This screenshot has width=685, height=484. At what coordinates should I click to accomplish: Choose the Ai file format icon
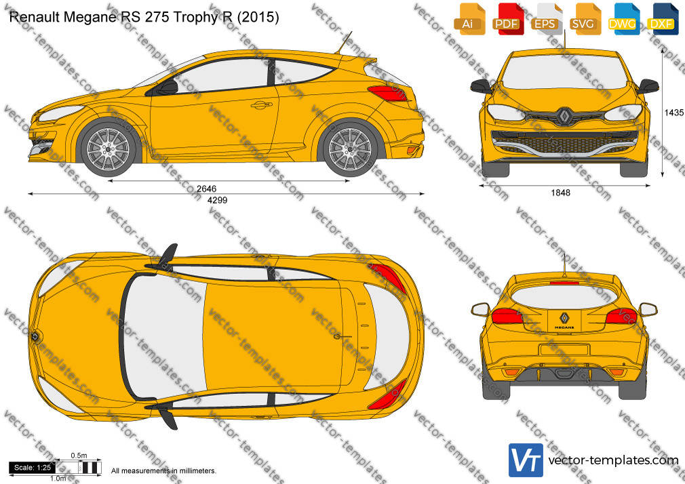pos(468,19)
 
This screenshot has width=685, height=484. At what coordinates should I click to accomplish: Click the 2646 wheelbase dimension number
pos(206,188)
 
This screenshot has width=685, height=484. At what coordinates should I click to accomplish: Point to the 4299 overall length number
pos(217,200)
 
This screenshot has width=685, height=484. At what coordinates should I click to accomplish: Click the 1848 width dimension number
pos(560,193)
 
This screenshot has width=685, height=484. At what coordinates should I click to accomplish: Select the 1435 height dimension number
pos(674,113)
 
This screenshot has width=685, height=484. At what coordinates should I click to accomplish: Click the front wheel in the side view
pos(108,148)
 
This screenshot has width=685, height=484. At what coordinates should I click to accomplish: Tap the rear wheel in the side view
pos(349,148)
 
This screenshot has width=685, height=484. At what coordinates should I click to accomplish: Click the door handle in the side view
pos(261,105)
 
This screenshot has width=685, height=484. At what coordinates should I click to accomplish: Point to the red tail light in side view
pos(389,93)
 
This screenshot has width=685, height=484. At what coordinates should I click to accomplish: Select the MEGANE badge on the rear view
pos(564,327)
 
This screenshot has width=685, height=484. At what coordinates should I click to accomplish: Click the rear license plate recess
pos(565,350)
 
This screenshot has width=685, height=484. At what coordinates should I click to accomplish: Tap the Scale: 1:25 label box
pos(32,468)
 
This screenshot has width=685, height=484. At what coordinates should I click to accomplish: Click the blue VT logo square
pos(526,460)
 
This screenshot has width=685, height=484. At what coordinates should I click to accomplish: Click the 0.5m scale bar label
pos(79,456)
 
